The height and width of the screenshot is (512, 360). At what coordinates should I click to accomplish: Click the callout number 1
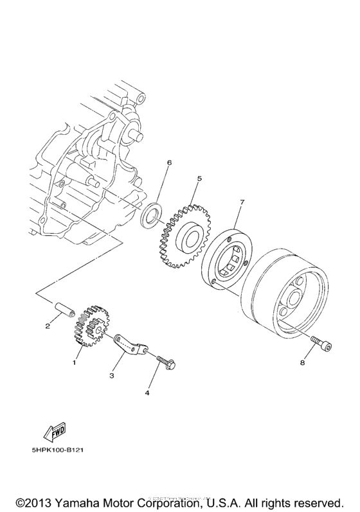tap(75, 362)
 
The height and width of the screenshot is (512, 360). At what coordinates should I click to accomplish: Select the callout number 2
tap(48, 326)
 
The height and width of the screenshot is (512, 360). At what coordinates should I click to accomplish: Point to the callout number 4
tap(147, 392)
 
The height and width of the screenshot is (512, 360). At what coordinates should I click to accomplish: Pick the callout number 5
tap(199, 178)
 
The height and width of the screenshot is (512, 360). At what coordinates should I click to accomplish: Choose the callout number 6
tap(169, 163)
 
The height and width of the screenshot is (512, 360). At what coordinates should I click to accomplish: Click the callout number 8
tap(302, 362)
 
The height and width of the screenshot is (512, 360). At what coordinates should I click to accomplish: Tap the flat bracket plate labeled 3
tap(131, 346)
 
